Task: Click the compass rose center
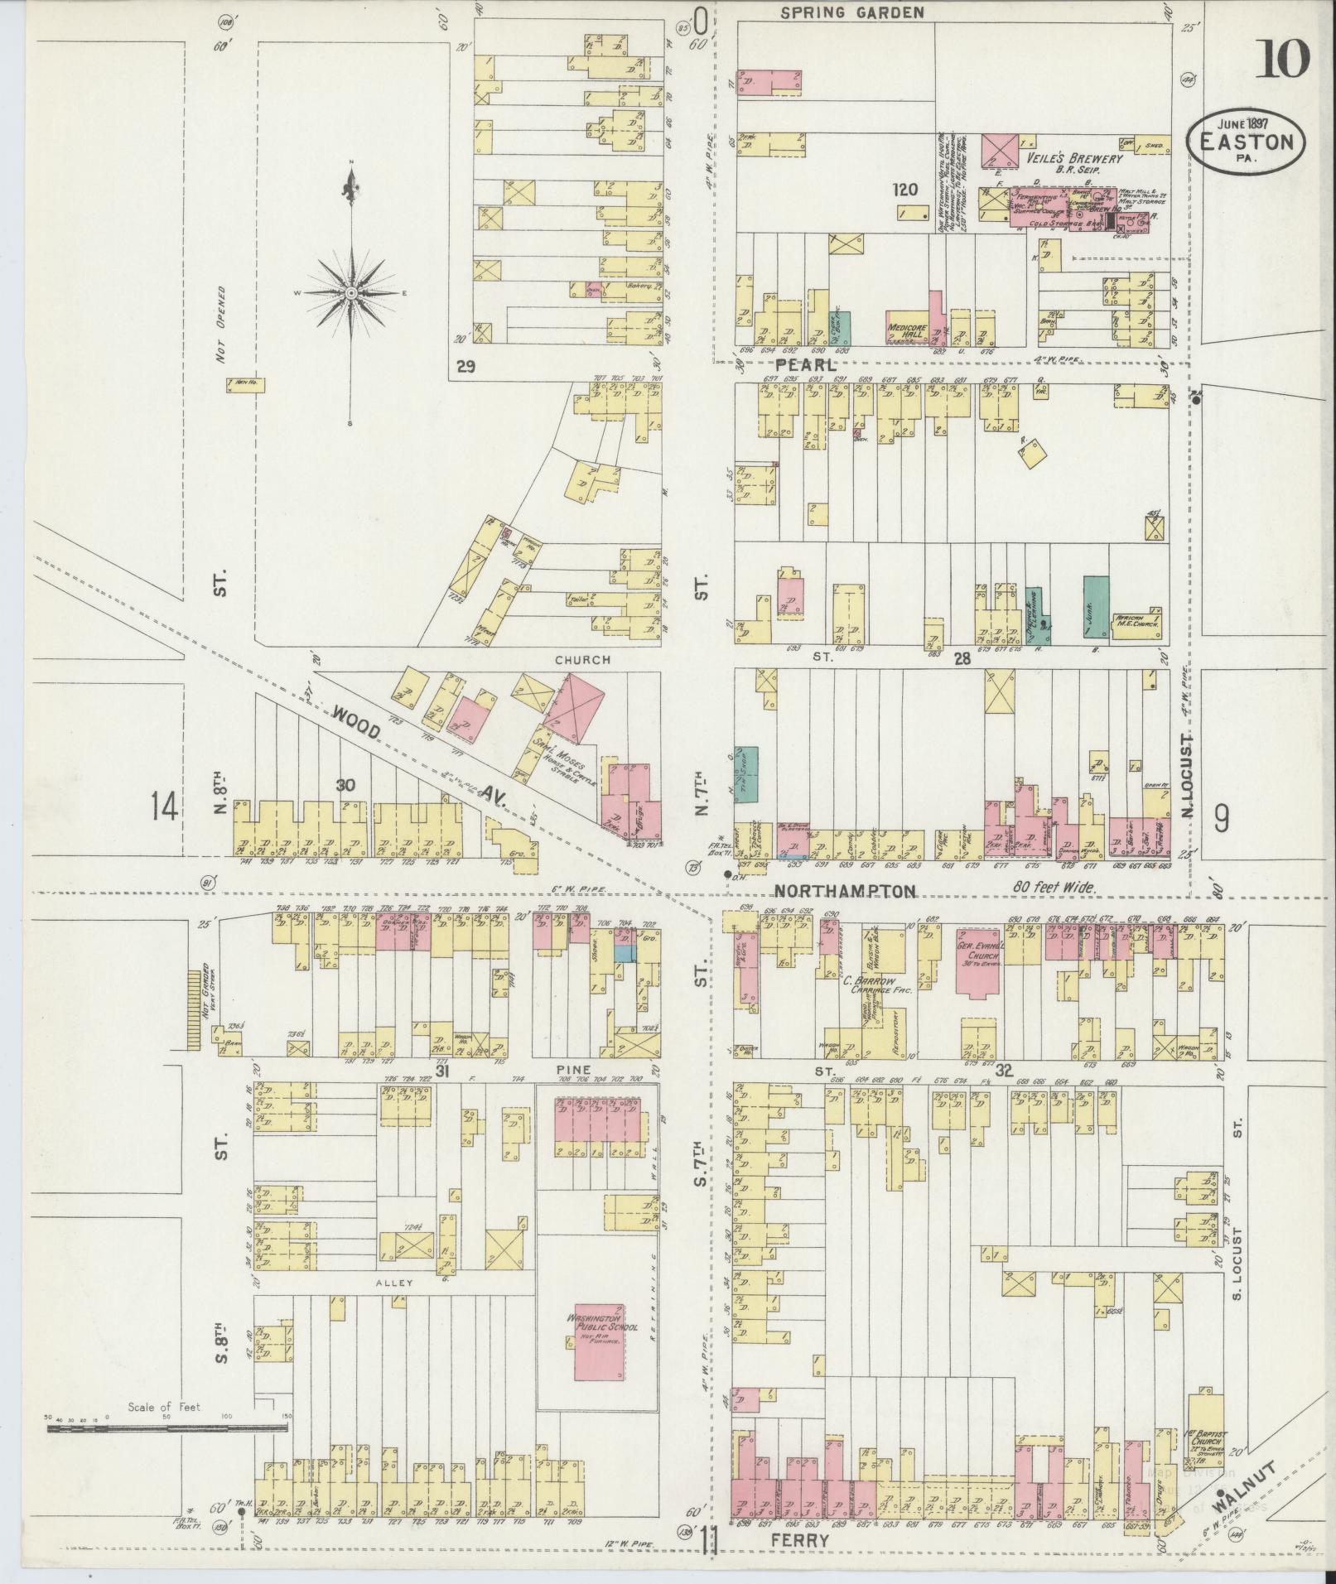(x=351, y=293)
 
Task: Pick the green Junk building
(x=1096, y=606)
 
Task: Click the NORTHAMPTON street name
(x=845, y=891)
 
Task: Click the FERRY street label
(x=800, y=1540)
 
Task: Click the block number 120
(x=904, y=190)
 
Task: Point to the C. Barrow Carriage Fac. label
(x=866, y=985)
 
